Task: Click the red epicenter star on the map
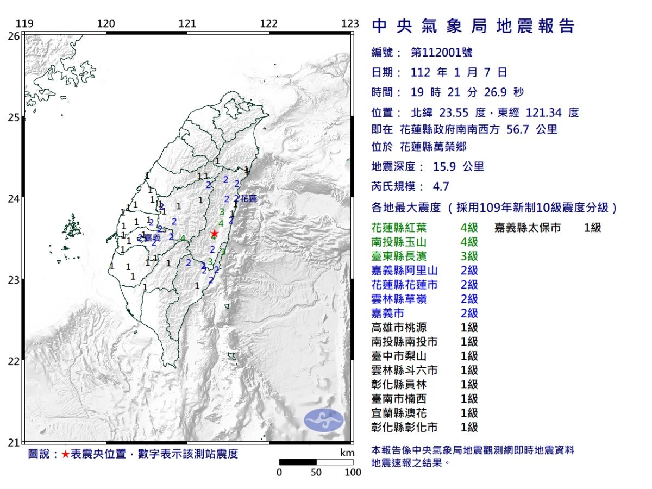point(214,234)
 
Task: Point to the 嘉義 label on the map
point(152,238)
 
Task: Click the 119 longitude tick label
point(25,23)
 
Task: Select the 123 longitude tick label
point(350,23)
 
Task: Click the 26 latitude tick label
point(14,36)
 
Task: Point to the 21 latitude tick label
point(14,442)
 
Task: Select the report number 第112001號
point(441,53)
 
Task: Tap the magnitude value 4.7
point(441,186)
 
